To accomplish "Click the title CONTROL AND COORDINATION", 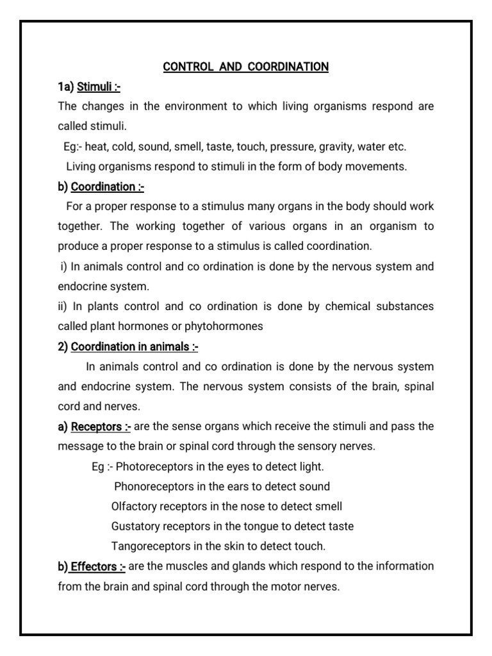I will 246,67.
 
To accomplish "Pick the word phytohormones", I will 224,326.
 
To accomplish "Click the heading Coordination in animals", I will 135,347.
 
